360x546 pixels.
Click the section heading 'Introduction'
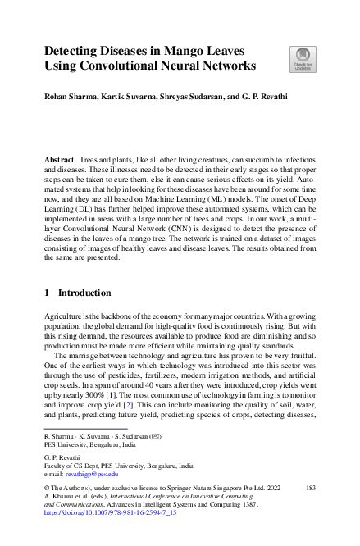pos(84,293)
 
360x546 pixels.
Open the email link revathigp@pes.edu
pos(90,474)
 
